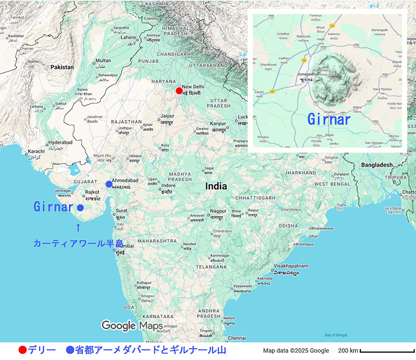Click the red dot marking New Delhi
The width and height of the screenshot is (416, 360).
[179, 90]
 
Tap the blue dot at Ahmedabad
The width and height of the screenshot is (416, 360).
[108, 184]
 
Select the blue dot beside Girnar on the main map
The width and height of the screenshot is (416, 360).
[80, 208]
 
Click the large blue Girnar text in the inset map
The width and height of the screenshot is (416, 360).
[329, 119]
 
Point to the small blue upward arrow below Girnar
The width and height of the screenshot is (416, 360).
[78, 227]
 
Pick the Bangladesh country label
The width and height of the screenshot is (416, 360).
[373, 165]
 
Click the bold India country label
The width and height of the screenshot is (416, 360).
[216, 186]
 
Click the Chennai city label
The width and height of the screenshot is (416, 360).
[237, 338]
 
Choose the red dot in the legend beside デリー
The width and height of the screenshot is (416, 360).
[22, 350]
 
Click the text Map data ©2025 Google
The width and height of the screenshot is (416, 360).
[296, 351]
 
